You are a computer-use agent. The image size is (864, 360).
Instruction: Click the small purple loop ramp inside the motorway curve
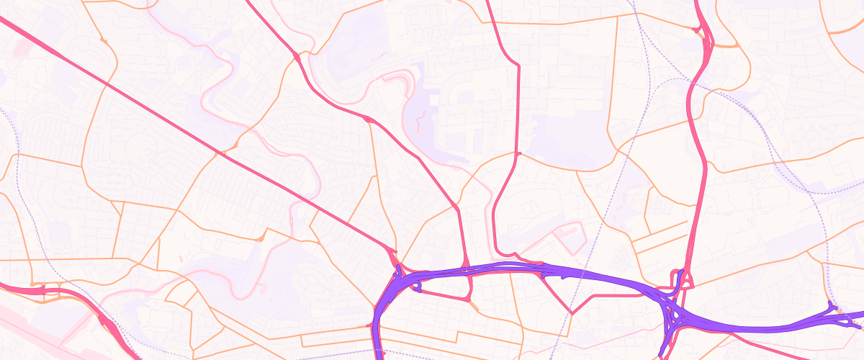tap(417, 287)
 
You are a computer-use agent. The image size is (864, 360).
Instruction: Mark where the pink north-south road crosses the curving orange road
tap(517, 153)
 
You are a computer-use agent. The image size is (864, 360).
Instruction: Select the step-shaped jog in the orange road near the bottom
tap(458, 334)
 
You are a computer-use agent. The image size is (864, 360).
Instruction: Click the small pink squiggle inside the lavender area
tap(420, 122)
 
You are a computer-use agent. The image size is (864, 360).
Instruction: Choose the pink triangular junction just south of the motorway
tap(469, 297)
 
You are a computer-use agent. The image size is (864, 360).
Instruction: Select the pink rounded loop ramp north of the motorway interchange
tap(683, 277)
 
